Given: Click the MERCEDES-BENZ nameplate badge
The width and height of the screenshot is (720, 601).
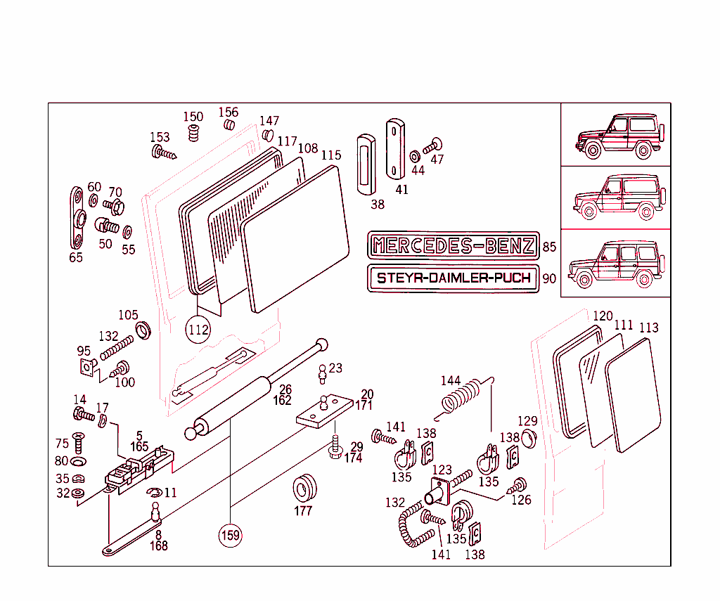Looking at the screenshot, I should tap(454, 245).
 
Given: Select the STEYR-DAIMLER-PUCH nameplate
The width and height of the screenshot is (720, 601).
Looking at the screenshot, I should tap(454, 278).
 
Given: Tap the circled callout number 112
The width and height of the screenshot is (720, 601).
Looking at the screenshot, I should tap(198, 328).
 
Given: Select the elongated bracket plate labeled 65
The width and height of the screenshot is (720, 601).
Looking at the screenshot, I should tap(77, 218).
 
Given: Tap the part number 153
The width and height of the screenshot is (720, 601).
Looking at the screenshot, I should tap(160, 137).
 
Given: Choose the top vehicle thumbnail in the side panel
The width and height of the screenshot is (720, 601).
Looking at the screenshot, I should tap(615, 134).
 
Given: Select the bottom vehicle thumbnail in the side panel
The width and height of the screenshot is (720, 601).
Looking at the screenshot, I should tap(615, 263).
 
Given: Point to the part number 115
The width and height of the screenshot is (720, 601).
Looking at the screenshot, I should tap(331, 155).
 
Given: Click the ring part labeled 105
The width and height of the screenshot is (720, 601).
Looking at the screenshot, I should tap(144, 329).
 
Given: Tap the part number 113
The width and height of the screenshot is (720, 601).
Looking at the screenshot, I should tap(648, 328).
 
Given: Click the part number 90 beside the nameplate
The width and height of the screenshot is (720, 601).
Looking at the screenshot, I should tap(549, 278).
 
